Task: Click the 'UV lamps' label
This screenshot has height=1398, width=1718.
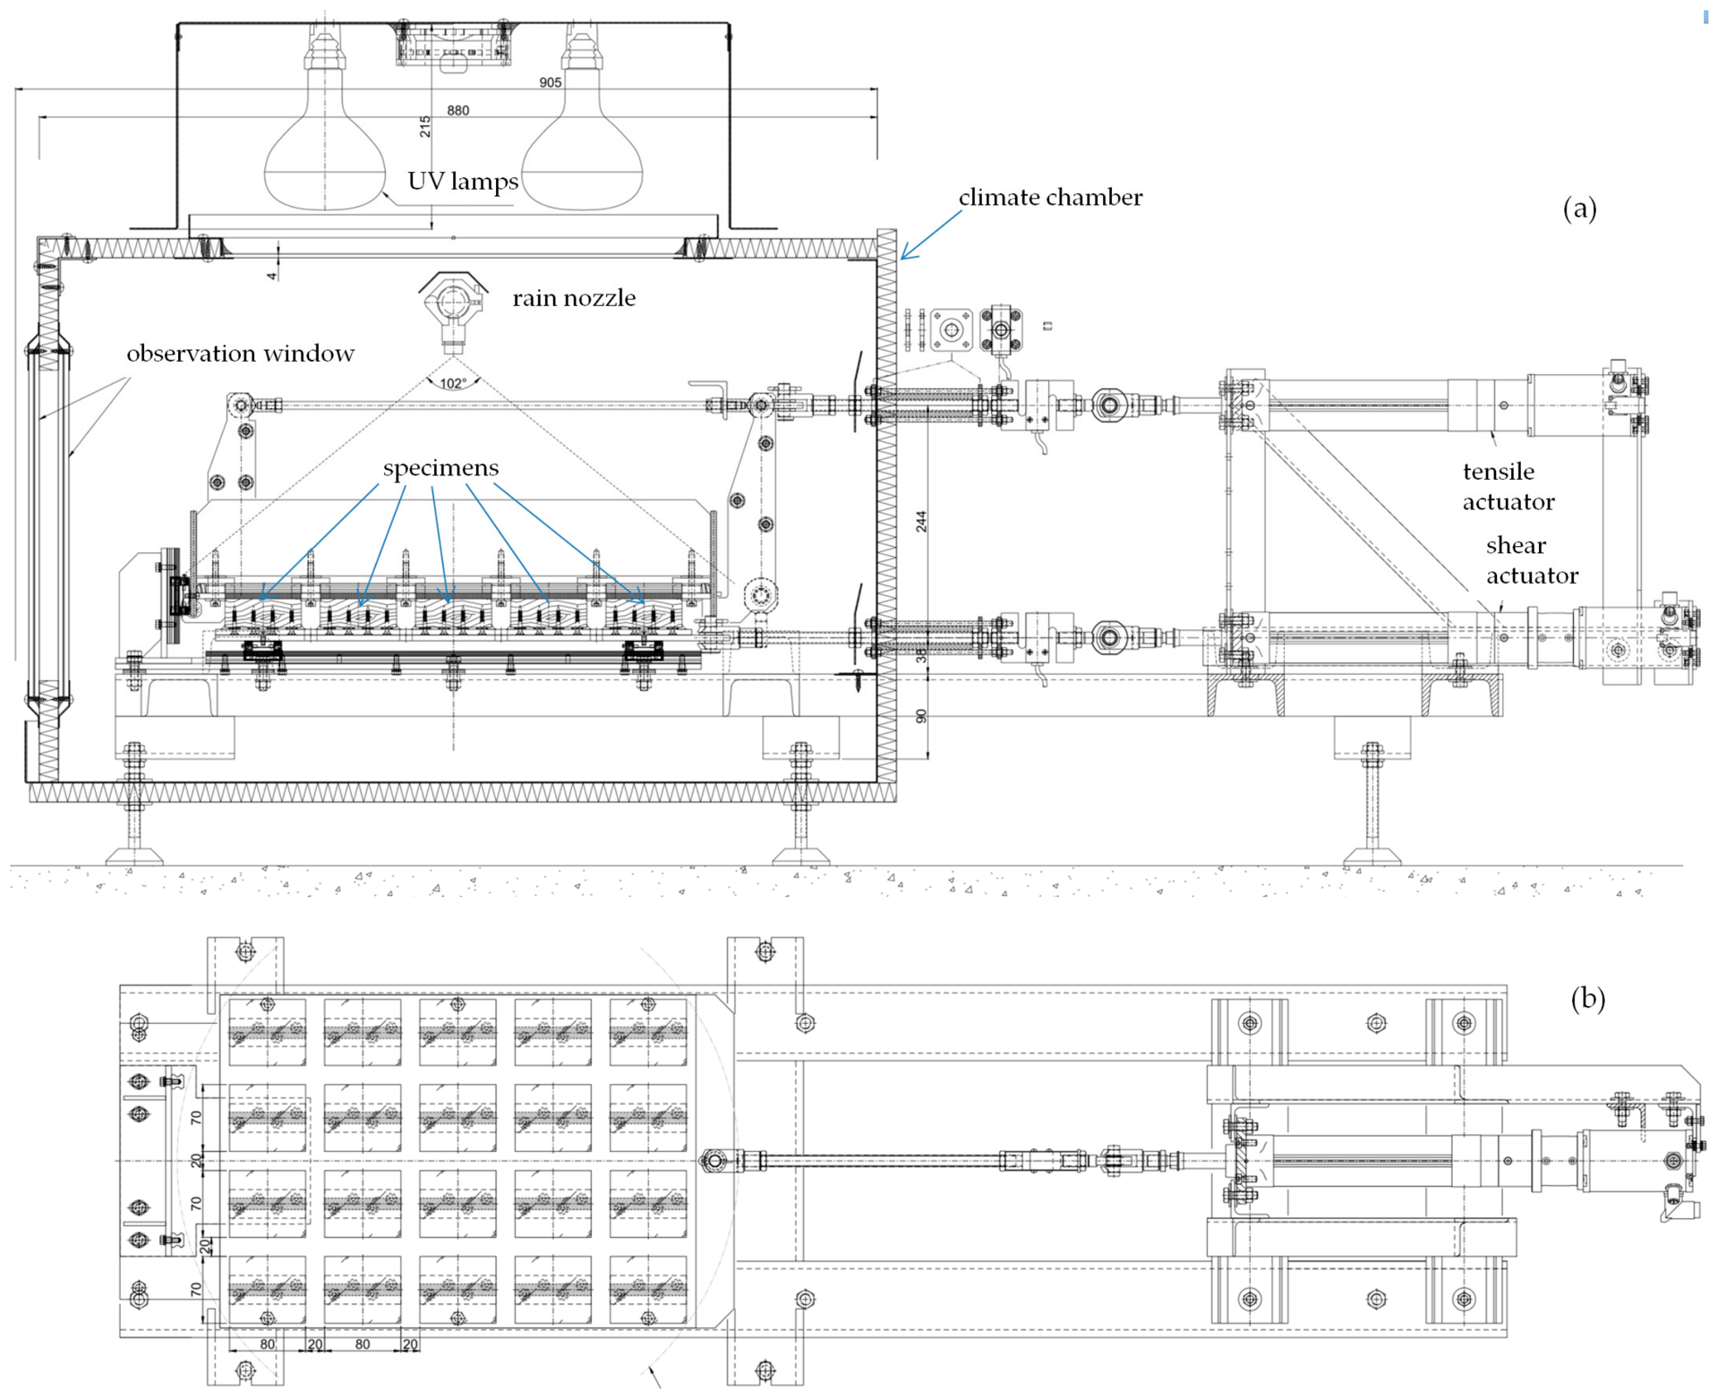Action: coord(463,182)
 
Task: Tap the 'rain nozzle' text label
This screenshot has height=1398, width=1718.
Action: coord(574,298)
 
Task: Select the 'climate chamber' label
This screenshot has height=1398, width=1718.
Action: coord(1050,197)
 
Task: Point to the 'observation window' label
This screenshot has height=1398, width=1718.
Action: coord(240,354)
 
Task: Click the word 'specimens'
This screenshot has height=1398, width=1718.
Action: coord(440,468)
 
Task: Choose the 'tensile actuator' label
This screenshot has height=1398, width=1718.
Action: coord(1509,486)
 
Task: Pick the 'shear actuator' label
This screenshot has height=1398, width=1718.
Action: coord(1532,560)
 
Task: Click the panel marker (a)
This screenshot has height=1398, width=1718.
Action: coord(1579,209)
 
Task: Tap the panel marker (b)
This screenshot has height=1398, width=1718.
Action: coord(1587,998)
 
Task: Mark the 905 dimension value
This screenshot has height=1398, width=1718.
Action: coord(551,82)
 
